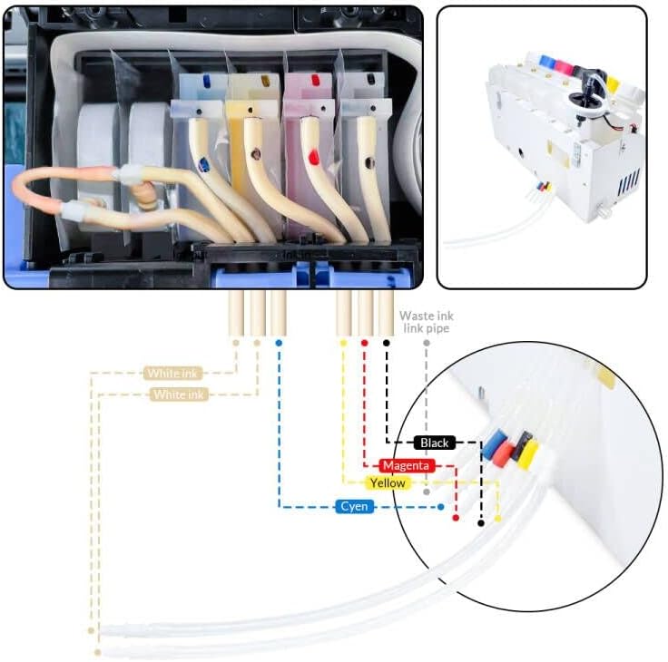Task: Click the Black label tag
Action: pos(434,443)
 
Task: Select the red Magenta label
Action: pos(406,465)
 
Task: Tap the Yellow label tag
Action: pos(387,483)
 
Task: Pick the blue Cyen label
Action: pos(354,506)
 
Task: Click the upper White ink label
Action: pos(175,373)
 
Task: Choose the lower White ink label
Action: pos(179,394)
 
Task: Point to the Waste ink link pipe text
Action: pos(426,322)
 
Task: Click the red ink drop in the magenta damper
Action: pos(312,158)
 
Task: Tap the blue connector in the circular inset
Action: pos(494,445)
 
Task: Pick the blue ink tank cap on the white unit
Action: pos(546,61)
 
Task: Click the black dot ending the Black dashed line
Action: pos(481,523)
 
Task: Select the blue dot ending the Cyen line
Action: pos(441,507)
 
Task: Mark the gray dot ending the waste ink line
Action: pos(426,492)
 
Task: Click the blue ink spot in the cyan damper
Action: pos(204,164)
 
